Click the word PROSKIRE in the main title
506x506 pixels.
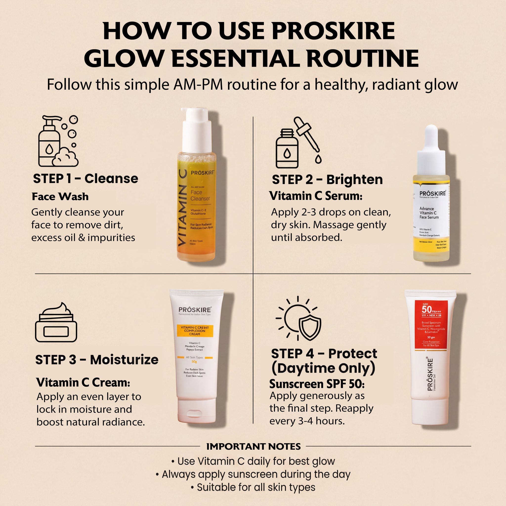click(333, 31)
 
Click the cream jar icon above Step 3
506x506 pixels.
click(56, 322)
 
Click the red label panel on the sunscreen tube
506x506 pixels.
click(431, 325)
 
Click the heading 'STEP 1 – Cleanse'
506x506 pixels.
click(86, 179)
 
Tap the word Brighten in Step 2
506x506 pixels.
click(354, 180)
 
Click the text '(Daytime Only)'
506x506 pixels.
click(323, 368)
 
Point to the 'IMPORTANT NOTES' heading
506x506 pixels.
click(253, 446)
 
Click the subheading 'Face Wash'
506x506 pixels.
click(60, 197)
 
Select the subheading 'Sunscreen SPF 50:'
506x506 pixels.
click(317, 384)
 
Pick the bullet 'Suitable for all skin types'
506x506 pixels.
click(253, 487)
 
